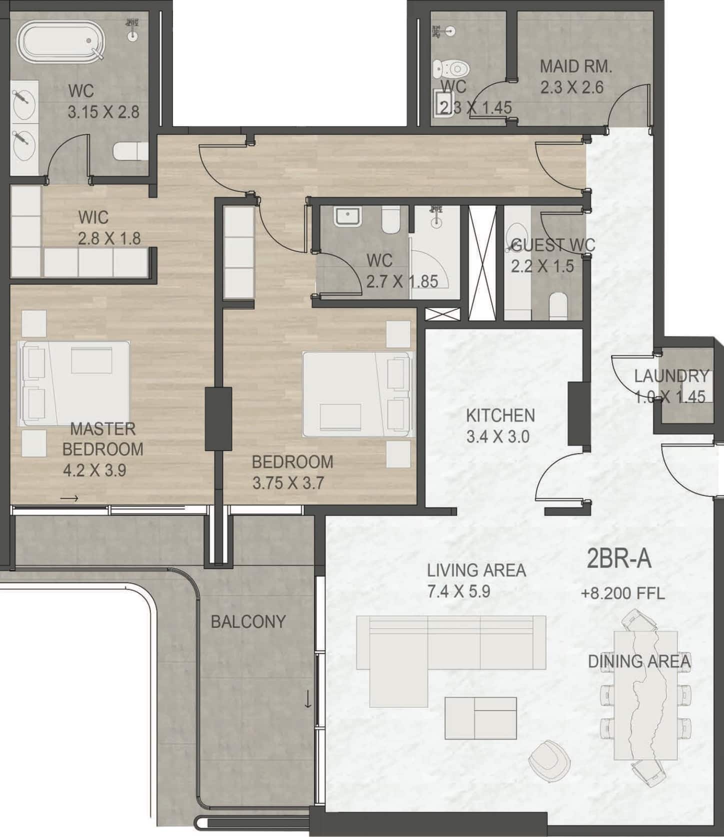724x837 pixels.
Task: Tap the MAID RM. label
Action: [575, 66]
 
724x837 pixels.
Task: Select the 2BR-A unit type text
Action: [619, 559]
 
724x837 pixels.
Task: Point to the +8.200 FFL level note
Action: [622, 593]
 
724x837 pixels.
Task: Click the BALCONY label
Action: [248, 621]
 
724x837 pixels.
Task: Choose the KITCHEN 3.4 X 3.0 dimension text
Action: [497, 436]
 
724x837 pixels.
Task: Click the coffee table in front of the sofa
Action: [480, 718]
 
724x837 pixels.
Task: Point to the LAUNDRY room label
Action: [671, 375]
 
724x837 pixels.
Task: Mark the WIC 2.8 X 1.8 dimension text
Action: [109, 238]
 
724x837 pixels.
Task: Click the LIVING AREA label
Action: [476, 570]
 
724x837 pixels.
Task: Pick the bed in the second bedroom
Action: [358, 394]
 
